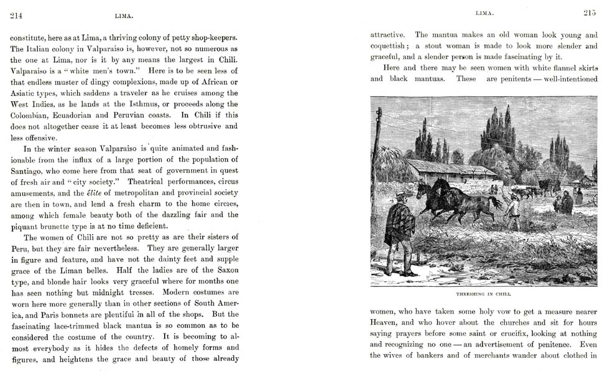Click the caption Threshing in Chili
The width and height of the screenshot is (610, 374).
pos(484,292)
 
